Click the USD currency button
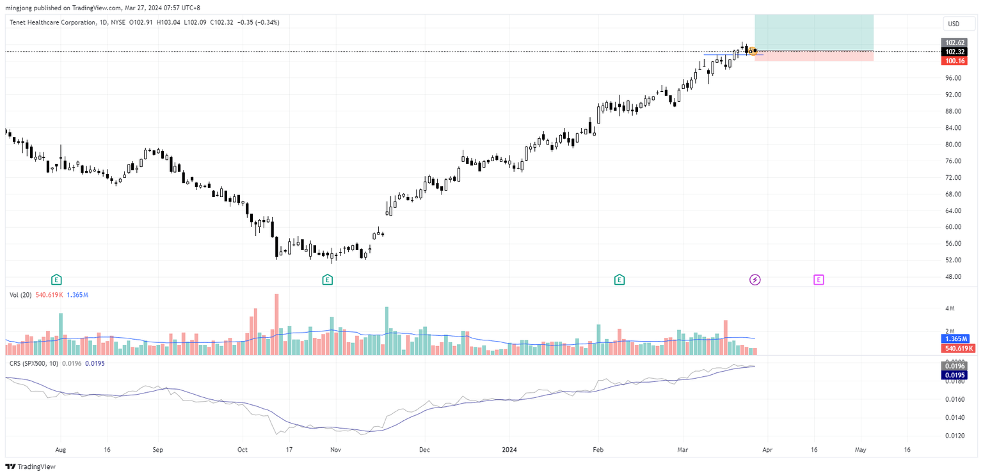pos(954,24)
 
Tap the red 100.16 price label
pos(955,61)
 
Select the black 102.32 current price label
pos(955,52)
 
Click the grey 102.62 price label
pos(955,43)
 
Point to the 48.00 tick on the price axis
pos(953,277)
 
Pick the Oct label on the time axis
pos(243,450)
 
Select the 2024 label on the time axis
pos(509,450)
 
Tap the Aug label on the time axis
pos(61,450)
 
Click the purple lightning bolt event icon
pos(755,280)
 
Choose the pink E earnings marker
pos(819,280)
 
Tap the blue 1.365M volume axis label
pos(957,338)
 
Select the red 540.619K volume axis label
pos(957,349)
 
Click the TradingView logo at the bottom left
pos(31,466)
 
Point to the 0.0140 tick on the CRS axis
pos(954,418)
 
